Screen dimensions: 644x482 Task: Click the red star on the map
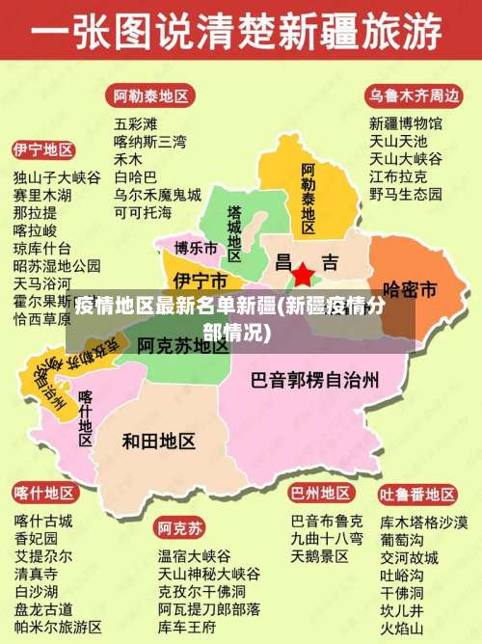point(303,275)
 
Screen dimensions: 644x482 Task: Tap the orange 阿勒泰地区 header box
point(151,95)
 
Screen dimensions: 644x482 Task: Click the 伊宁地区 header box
point(43,150)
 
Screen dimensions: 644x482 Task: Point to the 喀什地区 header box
point(43,494)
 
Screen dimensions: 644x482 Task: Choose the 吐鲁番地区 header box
point(417,494)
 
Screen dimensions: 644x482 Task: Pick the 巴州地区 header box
point(321,494)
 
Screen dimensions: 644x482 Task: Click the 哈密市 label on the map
point(411,288)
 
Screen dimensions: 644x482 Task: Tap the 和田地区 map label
point(159,441)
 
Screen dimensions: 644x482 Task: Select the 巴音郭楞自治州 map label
point(314,379)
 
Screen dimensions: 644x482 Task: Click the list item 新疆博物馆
point(406,123)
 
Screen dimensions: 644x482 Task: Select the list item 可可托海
point(143,211)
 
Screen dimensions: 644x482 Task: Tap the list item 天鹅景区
point(320,556)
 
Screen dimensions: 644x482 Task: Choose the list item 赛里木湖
point(43,195)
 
